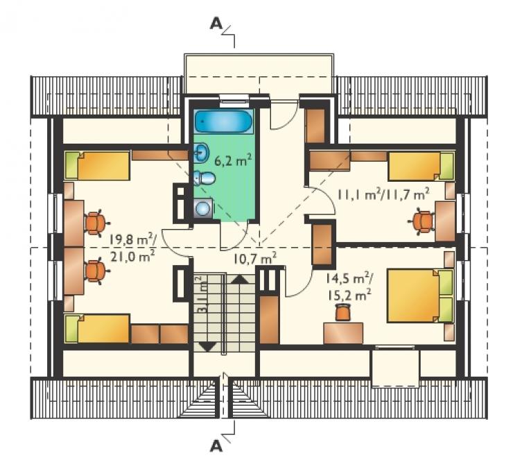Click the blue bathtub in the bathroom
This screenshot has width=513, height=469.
(x=223, y=121)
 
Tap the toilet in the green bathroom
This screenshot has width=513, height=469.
(x=205, y=178)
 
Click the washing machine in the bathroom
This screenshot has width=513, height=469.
(x=203, y=208)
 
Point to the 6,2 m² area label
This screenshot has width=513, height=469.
(x=233, y=160)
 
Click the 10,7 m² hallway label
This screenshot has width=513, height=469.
(x=255, y=259)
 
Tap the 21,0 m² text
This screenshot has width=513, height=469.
(x=132, y=256)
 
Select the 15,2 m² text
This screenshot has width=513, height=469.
(x=349, y=296)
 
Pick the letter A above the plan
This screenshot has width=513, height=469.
(x=216, y=24)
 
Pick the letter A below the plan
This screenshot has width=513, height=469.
(x=216, y=445)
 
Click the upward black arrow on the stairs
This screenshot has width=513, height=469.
(x=240, y=280)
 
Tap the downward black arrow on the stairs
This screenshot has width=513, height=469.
(x=207, y=346)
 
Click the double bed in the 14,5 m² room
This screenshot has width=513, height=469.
(x=420, y=296)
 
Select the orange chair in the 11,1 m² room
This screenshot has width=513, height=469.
(x=422, y=222)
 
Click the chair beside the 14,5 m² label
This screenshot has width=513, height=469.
(x=342, y=312)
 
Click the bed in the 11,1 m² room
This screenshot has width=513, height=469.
(x=421, y=166)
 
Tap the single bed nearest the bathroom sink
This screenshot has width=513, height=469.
(x=97, y=165)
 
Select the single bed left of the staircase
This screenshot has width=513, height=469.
(x=97, y=328)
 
